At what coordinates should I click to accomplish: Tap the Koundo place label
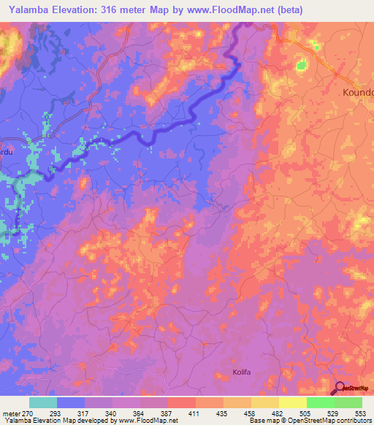click(x=358, y=93)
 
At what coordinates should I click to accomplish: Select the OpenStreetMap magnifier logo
click(x=341, y=389)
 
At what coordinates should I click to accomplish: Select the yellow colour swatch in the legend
click(x=293, y=402)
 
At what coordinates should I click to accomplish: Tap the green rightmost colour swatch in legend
click(x=348, y=402)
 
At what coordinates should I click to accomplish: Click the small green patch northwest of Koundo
click(x=302, y=66)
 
